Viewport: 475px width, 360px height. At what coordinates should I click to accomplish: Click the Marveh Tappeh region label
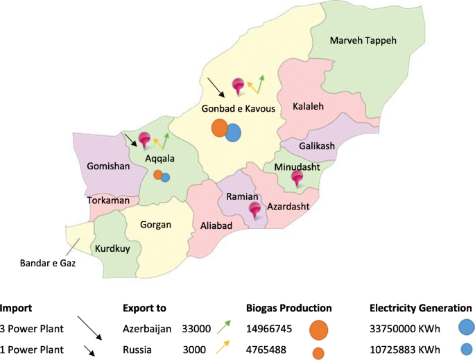click(363, 41)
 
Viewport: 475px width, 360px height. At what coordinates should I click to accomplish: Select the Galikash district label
click(317, 146)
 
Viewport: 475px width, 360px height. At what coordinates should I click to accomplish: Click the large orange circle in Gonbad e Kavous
click(220, 128)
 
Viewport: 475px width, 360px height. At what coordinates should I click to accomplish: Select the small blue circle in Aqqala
click(166, 177)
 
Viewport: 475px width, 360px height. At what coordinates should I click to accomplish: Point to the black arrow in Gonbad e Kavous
click(216, 87)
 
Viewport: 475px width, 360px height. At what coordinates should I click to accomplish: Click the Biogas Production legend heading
click(288, 308)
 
